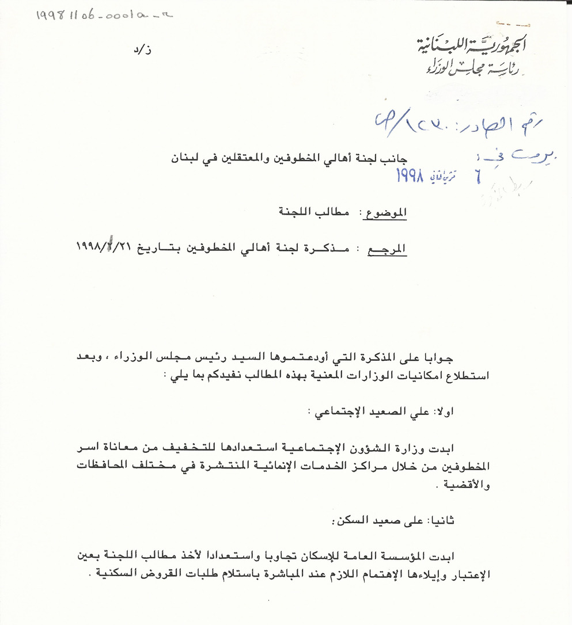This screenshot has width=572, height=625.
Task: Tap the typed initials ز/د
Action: [x=147, y=50]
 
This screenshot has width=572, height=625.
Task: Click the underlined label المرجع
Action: [x=387, y=249]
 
